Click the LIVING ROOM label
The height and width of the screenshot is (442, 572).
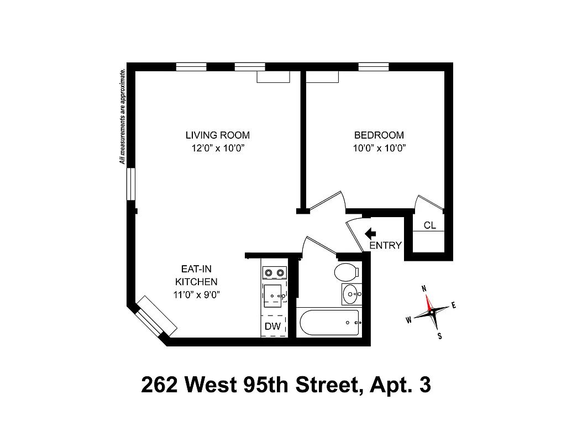[217, 135]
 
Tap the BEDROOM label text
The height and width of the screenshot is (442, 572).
[379, 135]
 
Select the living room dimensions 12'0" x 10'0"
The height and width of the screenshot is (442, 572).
[217, 148]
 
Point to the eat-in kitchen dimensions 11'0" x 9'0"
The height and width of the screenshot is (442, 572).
[196, 294]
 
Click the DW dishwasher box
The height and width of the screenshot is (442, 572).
[273, 326]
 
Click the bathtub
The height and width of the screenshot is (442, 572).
[328, 322]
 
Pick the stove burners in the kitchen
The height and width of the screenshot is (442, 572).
[274, 272]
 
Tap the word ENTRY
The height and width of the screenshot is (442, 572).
[385, 246]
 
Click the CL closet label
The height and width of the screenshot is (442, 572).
[429, 225]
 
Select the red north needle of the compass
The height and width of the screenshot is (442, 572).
[428, 302]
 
